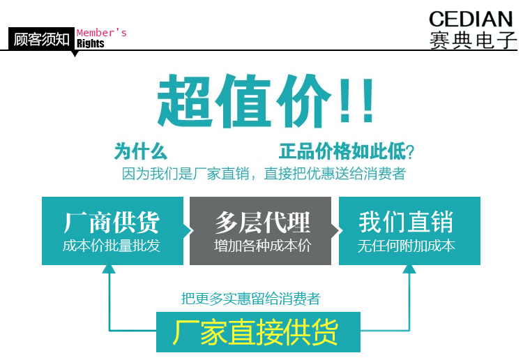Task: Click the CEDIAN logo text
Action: (x=471, y=19)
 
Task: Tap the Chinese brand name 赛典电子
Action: (x=473, y=40)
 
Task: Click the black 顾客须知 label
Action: (x=41, y=39)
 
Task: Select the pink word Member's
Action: (x=101, y=33)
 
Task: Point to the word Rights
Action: (x=91, y=43)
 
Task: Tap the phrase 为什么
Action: (x=140, y=151)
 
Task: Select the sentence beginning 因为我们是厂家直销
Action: (x=264, y=174)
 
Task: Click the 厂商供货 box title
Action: (x=112, y=222)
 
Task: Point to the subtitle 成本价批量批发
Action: (x=112, y=246)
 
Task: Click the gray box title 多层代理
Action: (x=262, y=222)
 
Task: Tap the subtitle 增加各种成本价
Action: (x=262, y=246)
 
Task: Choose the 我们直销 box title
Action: (x=406, y=222)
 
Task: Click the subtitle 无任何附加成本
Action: (x=407, y=246)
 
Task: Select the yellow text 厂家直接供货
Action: (x=255, y=332)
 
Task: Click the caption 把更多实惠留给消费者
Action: (x=250, y=299)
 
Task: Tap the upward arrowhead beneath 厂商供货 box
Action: (x=109, y=269)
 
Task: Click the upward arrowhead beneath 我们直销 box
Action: (x=409, y=269)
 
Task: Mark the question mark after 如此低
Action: (x=410, y=152)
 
